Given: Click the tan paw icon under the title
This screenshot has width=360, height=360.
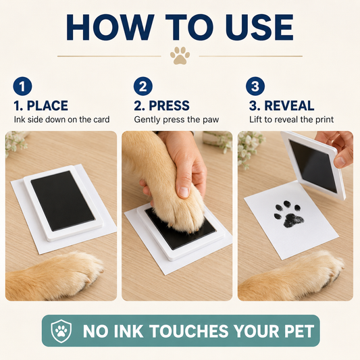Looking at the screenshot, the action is pyautogui.click(x=180, y=55).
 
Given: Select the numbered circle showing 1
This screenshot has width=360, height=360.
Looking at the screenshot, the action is pyautogui.click(x=22, y=86).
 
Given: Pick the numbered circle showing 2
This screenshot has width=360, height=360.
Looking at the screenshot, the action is pyautogui.click(x=143, y=86).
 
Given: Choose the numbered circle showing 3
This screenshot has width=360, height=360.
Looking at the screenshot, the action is pyautogui.click(x=255, y=86).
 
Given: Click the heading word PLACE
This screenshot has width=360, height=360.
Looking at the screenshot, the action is pyautogui.click(x=47, y=105).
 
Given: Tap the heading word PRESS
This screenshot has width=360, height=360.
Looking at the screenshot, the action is pyautogui.click(x=170, y=105).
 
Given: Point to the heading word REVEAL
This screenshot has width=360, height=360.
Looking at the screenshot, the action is pyautogui.click(x=289, y=105).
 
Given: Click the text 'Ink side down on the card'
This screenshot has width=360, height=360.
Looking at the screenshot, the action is pyautogui.click(x=61, y=120).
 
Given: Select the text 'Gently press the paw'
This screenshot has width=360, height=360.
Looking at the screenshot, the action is pyautogui.click(x=176, y=120).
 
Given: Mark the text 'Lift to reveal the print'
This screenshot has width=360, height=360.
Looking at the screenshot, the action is pyautogui.click(x=291, y=120).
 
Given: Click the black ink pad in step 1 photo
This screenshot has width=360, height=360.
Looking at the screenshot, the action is pyautogui.click(x=62, y=201).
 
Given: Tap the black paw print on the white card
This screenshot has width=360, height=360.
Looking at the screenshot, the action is pyautogui.click(x=288, y=214).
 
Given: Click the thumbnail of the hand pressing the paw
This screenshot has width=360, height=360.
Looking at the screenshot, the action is pyautogui.click(x=177, y=216).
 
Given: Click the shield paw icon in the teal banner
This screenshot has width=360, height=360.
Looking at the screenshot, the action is pyautogui.click(x=61, y=331).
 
